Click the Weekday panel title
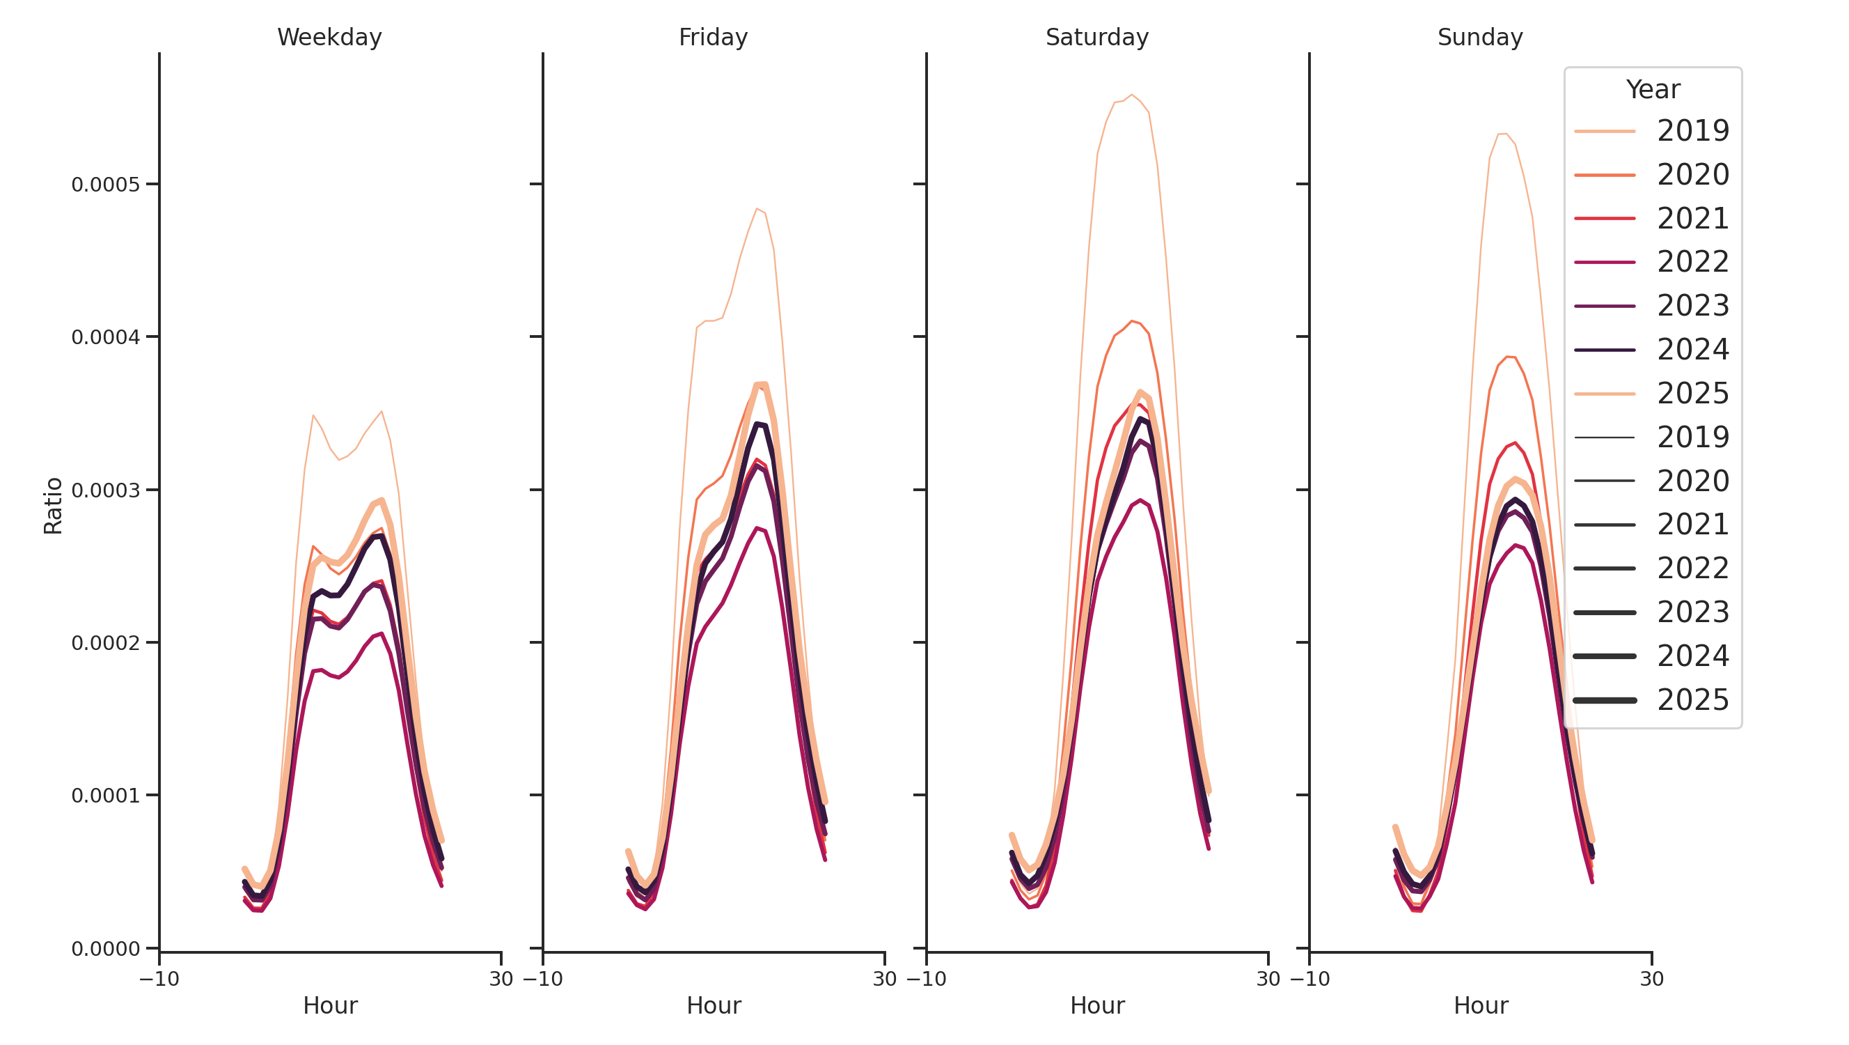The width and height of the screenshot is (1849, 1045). (329, 37)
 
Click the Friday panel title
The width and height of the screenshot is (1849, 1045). (713, 37)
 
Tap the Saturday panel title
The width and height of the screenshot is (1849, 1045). (1096, 37)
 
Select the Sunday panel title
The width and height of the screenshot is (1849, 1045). (1479, 37)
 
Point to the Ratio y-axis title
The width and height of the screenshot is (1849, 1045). (53, 506)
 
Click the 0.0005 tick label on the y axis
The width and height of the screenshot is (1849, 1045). (106, 185)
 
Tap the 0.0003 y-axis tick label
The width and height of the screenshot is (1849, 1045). (106, 490)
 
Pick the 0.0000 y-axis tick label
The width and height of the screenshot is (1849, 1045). (106, 949)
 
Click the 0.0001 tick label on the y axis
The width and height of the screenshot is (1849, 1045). (106, 796)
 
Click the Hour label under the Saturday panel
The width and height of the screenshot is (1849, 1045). (1096, 1005)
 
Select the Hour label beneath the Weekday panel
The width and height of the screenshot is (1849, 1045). (330, 1005)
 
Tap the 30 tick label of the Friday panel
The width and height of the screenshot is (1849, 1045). (884, 979)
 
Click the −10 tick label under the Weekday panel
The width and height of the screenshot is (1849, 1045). (159, 979)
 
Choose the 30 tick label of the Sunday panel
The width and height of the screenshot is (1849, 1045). (1651, 979)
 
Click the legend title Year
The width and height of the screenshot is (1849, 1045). (1652, 89)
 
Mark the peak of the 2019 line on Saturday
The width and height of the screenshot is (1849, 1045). (1131, 94)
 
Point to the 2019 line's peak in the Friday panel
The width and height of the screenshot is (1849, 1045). (757, 208)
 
